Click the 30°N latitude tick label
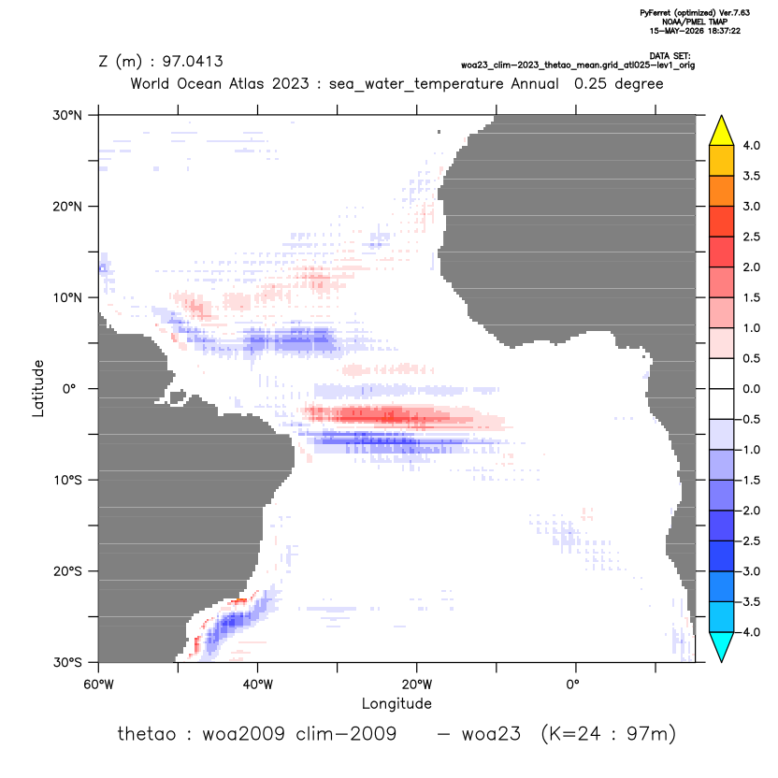click(67, 115)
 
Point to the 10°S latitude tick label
click(68, 481)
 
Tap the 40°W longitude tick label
click(257, 684)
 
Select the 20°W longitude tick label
click(417, 684)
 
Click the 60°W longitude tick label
click(99, 684)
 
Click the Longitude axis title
click(396, 703)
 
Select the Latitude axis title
click(38, 388)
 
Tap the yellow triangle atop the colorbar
click(722, 131)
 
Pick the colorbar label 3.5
click(751, 176)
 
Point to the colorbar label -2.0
click(749, 511)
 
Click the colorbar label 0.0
click(751, 389)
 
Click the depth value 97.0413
click(193, 62)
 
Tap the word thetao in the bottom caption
click(147, 733)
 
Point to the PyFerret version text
click(695, 13)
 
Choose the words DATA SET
click(670, 56)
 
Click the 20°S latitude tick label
click(68, 571)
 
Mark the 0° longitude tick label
click(572, 684)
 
